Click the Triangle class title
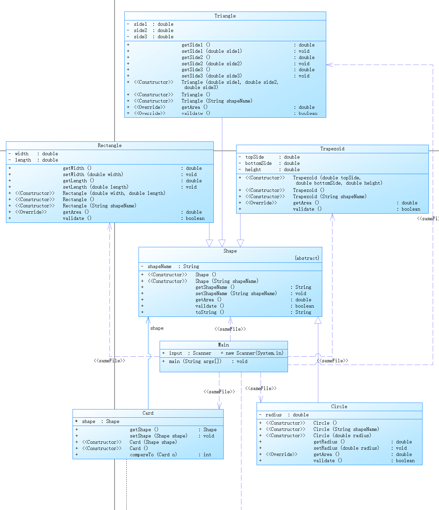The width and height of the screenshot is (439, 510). click(225, 16)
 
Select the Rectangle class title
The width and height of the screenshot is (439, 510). click(110, 145)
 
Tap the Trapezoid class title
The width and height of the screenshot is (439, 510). click(332, 149)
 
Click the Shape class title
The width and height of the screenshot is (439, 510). click(230, 251)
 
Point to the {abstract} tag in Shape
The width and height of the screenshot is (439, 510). click(307, 258)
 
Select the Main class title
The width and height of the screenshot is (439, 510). click(223, 345)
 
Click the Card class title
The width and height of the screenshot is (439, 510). click(148, 413)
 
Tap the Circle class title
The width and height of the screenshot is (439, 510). click(339, 406)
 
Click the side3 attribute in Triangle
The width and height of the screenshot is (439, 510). click(141, 37)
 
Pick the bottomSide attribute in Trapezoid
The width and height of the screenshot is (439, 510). click(259, 163)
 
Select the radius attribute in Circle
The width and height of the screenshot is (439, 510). click(273, 415)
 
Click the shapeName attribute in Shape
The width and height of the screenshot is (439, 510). click(160, 266)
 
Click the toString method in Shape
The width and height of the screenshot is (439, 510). click(206, 312)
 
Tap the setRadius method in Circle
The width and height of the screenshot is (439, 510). click(326, 448)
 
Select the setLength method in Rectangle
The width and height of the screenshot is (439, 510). click(75, 187)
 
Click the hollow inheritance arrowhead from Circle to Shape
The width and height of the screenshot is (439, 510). click(318, 320)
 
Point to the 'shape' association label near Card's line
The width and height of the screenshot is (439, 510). click(157, 328)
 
